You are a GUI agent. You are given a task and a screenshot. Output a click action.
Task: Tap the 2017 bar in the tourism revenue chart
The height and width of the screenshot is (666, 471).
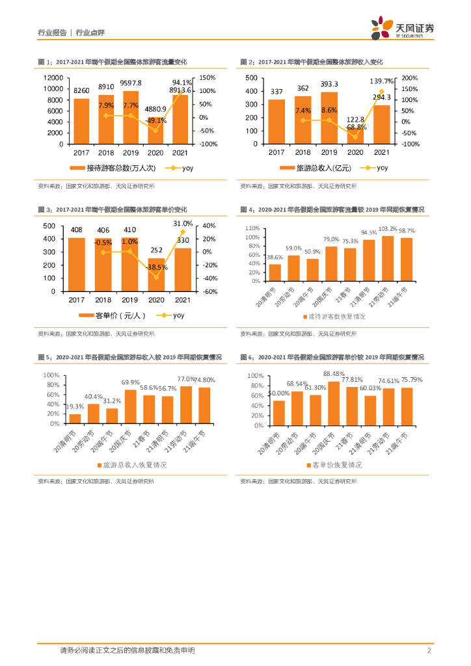(x=276, y=122)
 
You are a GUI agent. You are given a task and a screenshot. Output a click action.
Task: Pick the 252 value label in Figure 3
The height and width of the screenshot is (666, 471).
(x=155, y=250)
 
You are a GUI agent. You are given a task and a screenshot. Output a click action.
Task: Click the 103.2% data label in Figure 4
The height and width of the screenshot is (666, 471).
(x=388, y=229)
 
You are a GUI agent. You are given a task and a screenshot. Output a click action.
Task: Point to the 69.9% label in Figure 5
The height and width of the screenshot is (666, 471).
(x=130, y=382)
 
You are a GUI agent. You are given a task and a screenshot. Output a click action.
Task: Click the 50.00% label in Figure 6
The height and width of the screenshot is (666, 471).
(x=278, y=393)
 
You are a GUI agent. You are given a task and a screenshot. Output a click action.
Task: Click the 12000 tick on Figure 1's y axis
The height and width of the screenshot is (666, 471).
(x=53, y=77)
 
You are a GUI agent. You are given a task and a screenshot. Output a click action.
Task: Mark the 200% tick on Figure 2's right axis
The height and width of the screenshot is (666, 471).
(x=410, y=77)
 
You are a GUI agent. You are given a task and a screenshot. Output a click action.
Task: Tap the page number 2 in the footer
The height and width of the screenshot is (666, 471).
(x=429, y=650)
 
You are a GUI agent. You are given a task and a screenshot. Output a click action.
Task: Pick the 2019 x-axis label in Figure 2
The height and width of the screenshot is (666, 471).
(x=329, y=152)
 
